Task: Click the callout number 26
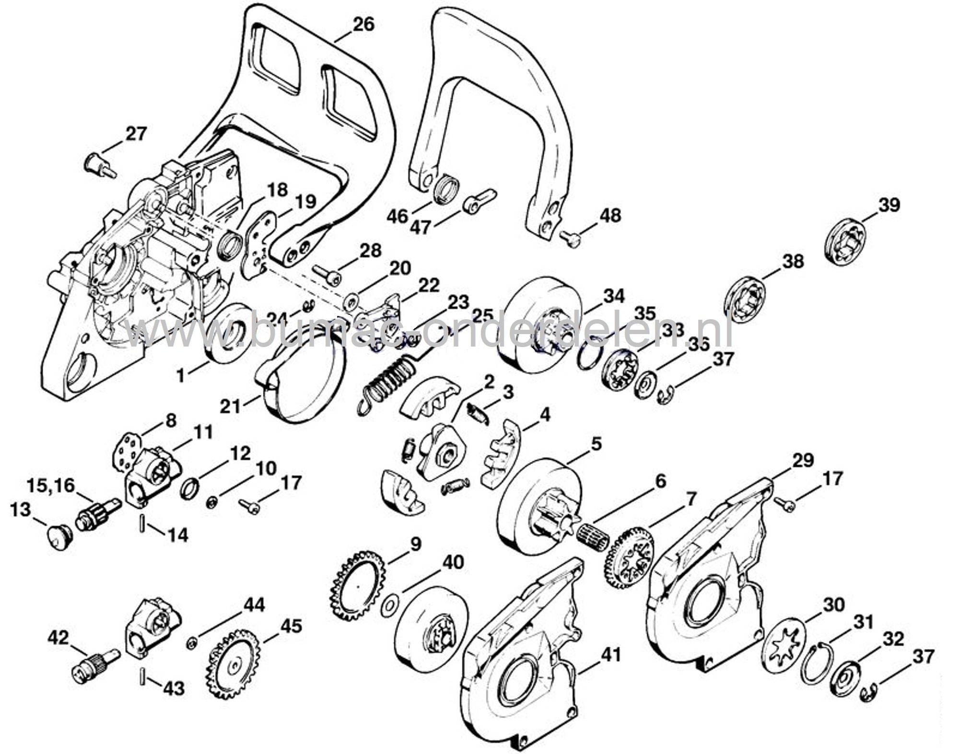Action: (x=363, y=24)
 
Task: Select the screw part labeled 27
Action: (x=99, y=165)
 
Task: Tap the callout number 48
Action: (x=610, y=216)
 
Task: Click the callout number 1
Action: (x=181, y=376)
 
